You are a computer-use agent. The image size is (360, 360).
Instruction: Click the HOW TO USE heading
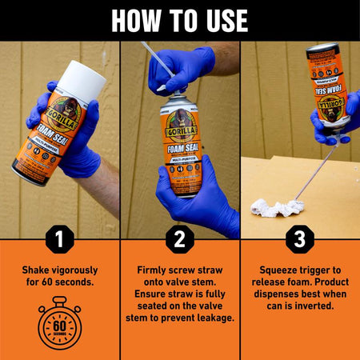click(180, 19)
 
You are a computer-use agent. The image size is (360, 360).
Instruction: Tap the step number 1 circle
click(60, 238)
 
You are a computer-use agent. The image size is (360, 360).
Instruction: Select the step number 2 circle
click(180, 238)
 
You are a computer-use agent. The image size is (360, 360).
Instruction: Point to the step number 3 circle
click(300, 238)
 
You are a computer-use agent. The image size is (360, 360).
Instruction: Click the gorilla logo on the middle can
click(180, 124)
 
